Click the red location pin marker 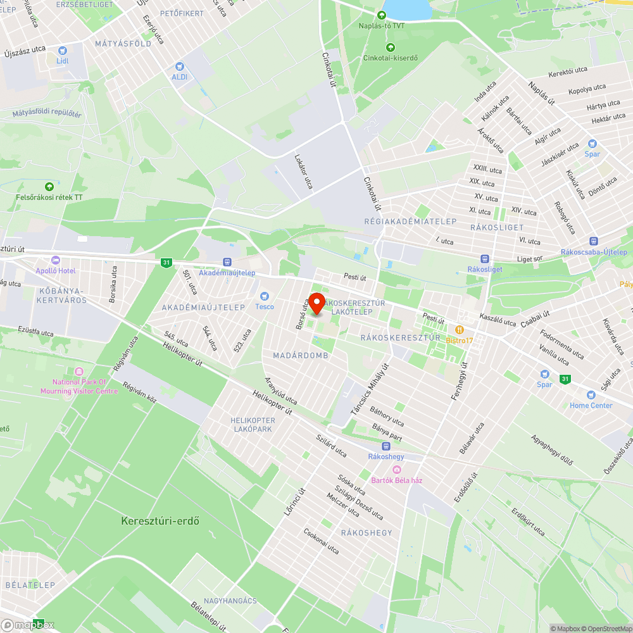click(315, 303)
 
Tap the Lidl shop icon click(62, 51)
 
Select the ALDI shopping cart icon click(179, 66)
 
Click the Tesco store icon click(265, 296)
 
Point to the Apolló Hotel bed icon click(55, 260)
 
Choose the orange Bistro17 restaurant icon click(460, 330)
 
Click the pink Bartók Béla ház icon click(396, 469)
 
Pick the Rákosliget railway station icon click(484, 258)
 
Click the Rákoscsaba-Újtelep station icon click(593, 241)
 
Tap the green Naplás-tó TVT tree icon click(381, 15)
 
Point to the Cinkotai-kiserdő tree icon click(390, 47)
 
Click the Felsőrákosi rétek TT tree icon click(49, 187)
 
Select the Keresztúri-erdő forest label click(160, 521)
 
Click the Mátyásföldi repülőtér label click(47, 114)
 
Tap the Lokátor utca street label click(303, 171)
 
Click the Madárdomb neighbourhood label click(301, 356)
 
